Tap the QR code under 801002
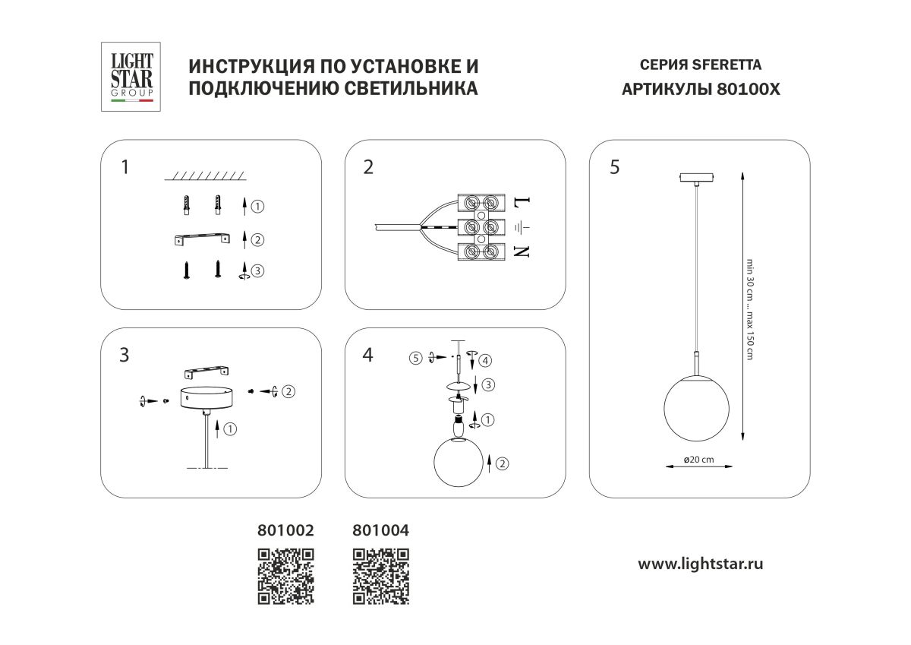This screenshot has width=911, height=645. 286,576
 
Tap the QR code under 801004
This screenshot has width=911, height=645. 381,576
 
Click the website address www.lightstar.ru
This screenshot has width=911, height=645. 700,564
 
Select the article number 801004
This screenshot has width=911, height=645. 381,529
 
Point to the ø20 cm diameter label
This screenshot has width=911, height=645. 698,460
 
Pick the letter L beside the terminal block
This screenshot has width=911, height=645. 521,203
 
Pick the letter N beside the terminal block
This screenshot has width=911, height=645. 521,251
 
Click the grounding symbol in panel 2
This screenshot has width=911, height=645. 522,226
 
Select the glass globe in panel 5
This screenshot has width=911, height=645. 697,408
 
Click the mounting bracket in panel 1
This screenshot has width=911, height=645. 201,239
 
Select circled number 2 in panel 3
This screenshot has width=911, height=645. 288,391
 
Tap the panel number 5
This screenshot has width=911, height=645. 613,167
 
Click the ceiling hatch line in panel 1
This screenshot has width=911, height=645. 206,176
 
